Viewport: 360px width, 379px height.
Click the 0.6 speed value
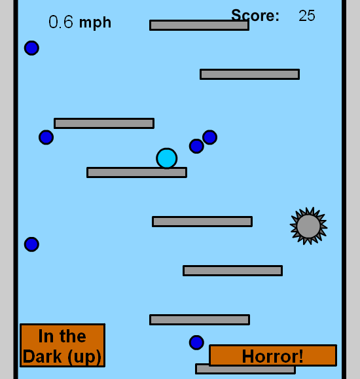pyautogui.click(x=61, y=22)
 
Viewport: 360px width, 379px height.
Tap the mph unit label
pyautogui.click(x=96, y=24)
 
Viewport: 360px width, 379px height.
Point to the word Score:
pyautogui.click(x=255, y=16)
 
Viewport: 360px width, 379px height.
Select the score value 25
pyautogui.click(x=307, y=16)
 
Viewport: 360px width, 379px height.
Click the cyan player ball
pyautogui.click(x=166, y=158)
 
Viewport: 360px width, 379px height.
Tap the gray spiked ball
pyautogui.click(x=308, y=226)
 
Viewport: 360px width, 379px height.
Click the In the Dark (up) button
pyautogui.click(x=62, y=345)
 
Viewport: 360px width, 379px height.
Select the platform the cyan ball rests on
pyautogui.click(x=137, y=173)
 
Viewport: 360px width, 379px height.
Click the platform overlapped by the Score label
pyautogui.click(x=199, y=25)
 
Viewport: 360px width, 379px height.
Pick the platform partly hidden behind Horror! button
pyautogui.click(x=245, y=369)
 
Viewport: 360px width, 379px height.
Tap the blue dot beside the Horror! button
pyautogui.click(x=196, y=342)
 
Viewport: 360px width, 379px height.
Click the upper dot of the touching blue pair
pyautogui.click(x=209, y=137)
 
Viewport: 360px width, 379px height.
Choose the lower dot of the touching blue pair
pyautogui.click(x=196, y=146)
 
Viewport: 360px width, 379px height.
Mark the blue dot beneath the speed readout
pyautogui.click(x=31, y=48)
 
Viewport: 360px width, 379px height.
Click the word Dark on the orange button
pyautogui.click(x=43, y=356)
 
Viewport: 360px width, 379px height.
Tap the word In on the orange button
pyautogui.click(x=46, y=336)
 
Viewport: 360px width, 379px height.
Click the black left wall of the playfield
pyautogui.click(x=16, y=190)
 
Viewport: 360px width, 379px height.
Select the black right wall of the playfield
pyautogui.click(x=344, y=190)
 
